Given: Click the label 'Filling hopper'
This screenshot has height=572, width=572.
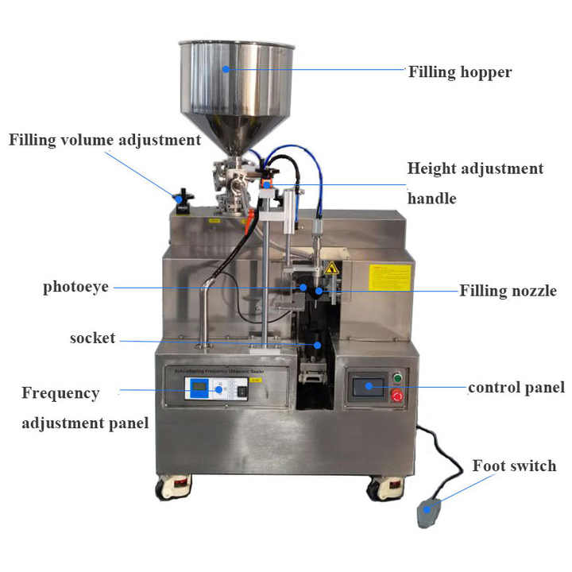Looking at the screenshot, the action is tap(460, 72).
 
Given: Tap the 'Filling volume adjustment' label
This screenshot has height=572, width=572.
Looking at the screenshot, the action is tap(105, 141).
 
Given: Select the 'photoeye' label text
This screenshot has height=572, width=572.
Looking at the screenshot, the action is tap(76, 287).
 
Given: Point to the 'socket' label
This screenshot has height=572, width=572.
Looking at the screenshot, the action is tap(92, 338).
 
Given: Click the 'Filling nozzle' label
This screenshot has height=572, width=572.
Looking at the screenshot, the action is tap(508, 291).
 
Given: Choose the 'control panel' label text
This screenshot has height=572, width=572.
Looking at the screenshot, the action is tap(516, 388).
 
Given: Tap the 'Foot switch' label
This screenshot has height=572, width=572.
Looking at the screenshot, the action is tap(514, 466).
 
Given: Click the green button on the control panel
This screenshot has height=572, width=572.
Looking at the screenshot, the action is tap(397, 377).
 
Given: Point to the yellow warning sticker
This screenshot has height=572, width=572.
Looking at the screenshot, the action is tap(389, 277).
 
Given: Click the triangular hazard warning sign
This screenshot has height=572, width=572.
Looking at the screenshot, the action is tap(330, 269).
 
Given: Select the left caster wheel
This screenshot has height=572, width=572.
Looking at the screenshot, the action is tap(173, 486).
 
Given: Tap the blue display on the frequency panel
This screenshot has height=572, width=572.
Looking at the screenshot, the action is tap(199, 388).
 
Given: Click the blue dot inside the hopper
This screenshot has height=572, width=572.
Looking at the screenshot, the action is tap(226, 69).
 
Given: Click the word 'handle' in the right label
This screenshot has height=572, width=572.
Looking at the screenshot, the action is tap(431, 199).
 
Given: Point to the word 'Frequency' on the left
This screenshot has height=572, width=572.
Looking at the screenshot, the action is tap(60, 393).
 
